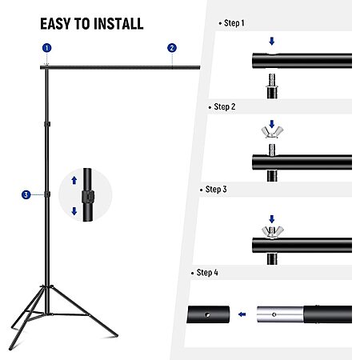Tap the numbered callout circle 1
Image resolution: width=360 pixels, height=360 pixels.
(x=47, y=48)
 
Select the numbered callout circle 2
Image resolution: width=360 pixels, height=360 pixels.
(x=172, y=48)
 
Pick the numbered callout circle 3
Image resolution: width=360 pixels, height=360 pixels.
(x=26, y=194)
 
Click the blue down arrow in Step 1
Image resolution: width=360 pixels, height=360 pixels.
(x=272, y=41)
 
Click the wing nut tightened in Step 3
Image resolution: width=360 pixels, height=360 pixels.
(x=272, y=232)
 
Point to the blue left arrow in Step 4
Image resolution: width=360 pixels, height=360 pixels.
(x=242, y=314)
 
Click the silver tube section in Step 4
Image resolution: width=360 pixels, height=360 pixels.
(x=280, y=314)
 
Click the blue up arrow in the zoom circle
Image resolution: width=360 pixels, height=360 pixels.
(x=74, y=180)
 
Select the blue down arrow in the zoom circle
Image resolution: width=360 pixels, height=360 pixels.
(x=74, y=211)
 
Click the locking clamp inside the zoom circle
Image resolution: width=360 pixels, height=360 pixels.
(x=88, y=197)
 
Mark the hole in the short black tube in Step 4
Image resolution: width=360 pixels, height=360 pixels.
(x=207, y=315)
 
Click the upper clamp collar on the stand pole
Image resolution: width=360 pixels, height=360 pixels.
(x=47, y=124)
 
